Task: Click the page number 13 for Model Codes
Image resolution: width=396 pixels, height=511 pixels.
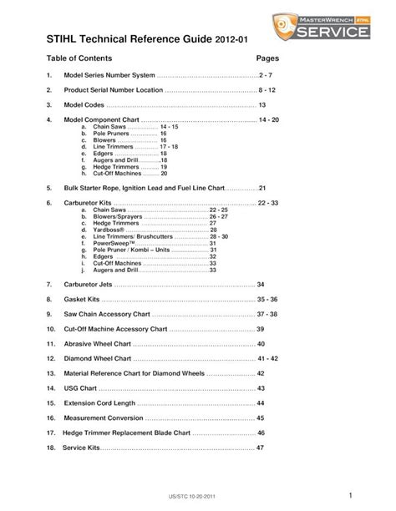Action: [261, 105]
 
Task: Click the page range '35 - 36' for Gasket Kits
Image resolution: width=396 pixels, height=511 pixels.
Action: [267, 299]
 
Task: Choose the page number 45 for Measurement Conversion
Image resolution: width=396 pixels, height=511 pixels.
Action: [261, 417]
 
